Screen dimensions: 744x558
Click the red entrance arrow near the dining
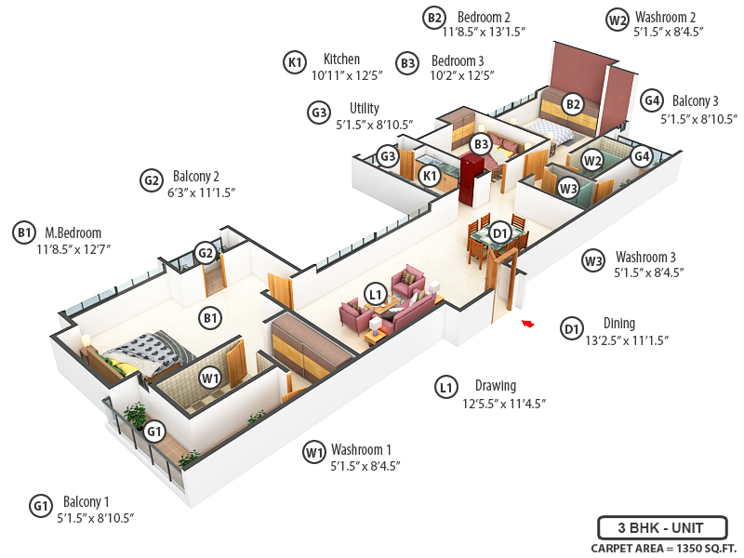click(x=527, y=324)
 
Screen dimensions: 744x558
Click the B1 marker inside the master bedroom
click(x=211, y=318)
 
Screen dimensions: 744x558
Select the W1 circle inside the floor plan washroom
click(x=210, y=379)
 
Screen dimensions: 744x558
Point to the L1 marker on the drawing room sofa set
click(x=375, y=295)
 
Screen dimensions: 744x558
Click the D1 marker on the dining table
click(x=499, y=232)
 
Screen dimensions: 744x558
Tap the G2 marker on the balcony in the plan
click(x=206, y=252)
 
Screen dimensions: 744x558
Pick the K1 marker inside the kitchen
click(x=429, y=175)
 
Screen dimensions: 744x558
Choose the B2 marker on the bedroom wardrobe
click(x=573, y=104)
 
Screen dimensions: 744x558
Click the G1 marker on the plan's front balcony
click(x=154, y=432)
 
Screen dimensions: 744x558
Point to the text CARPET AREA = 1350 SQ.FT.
click(x=663, y=548)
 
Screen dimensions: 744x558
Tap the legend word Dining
click(x=618, y=324)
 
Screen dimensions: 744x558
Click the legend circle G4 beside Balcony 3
click(x=652, y=100)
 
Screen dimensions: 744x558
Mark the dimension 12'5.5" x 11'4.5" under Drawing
click(x=503, y=404)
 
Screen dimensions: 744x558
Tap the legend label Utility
click(x=364, y=108)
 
